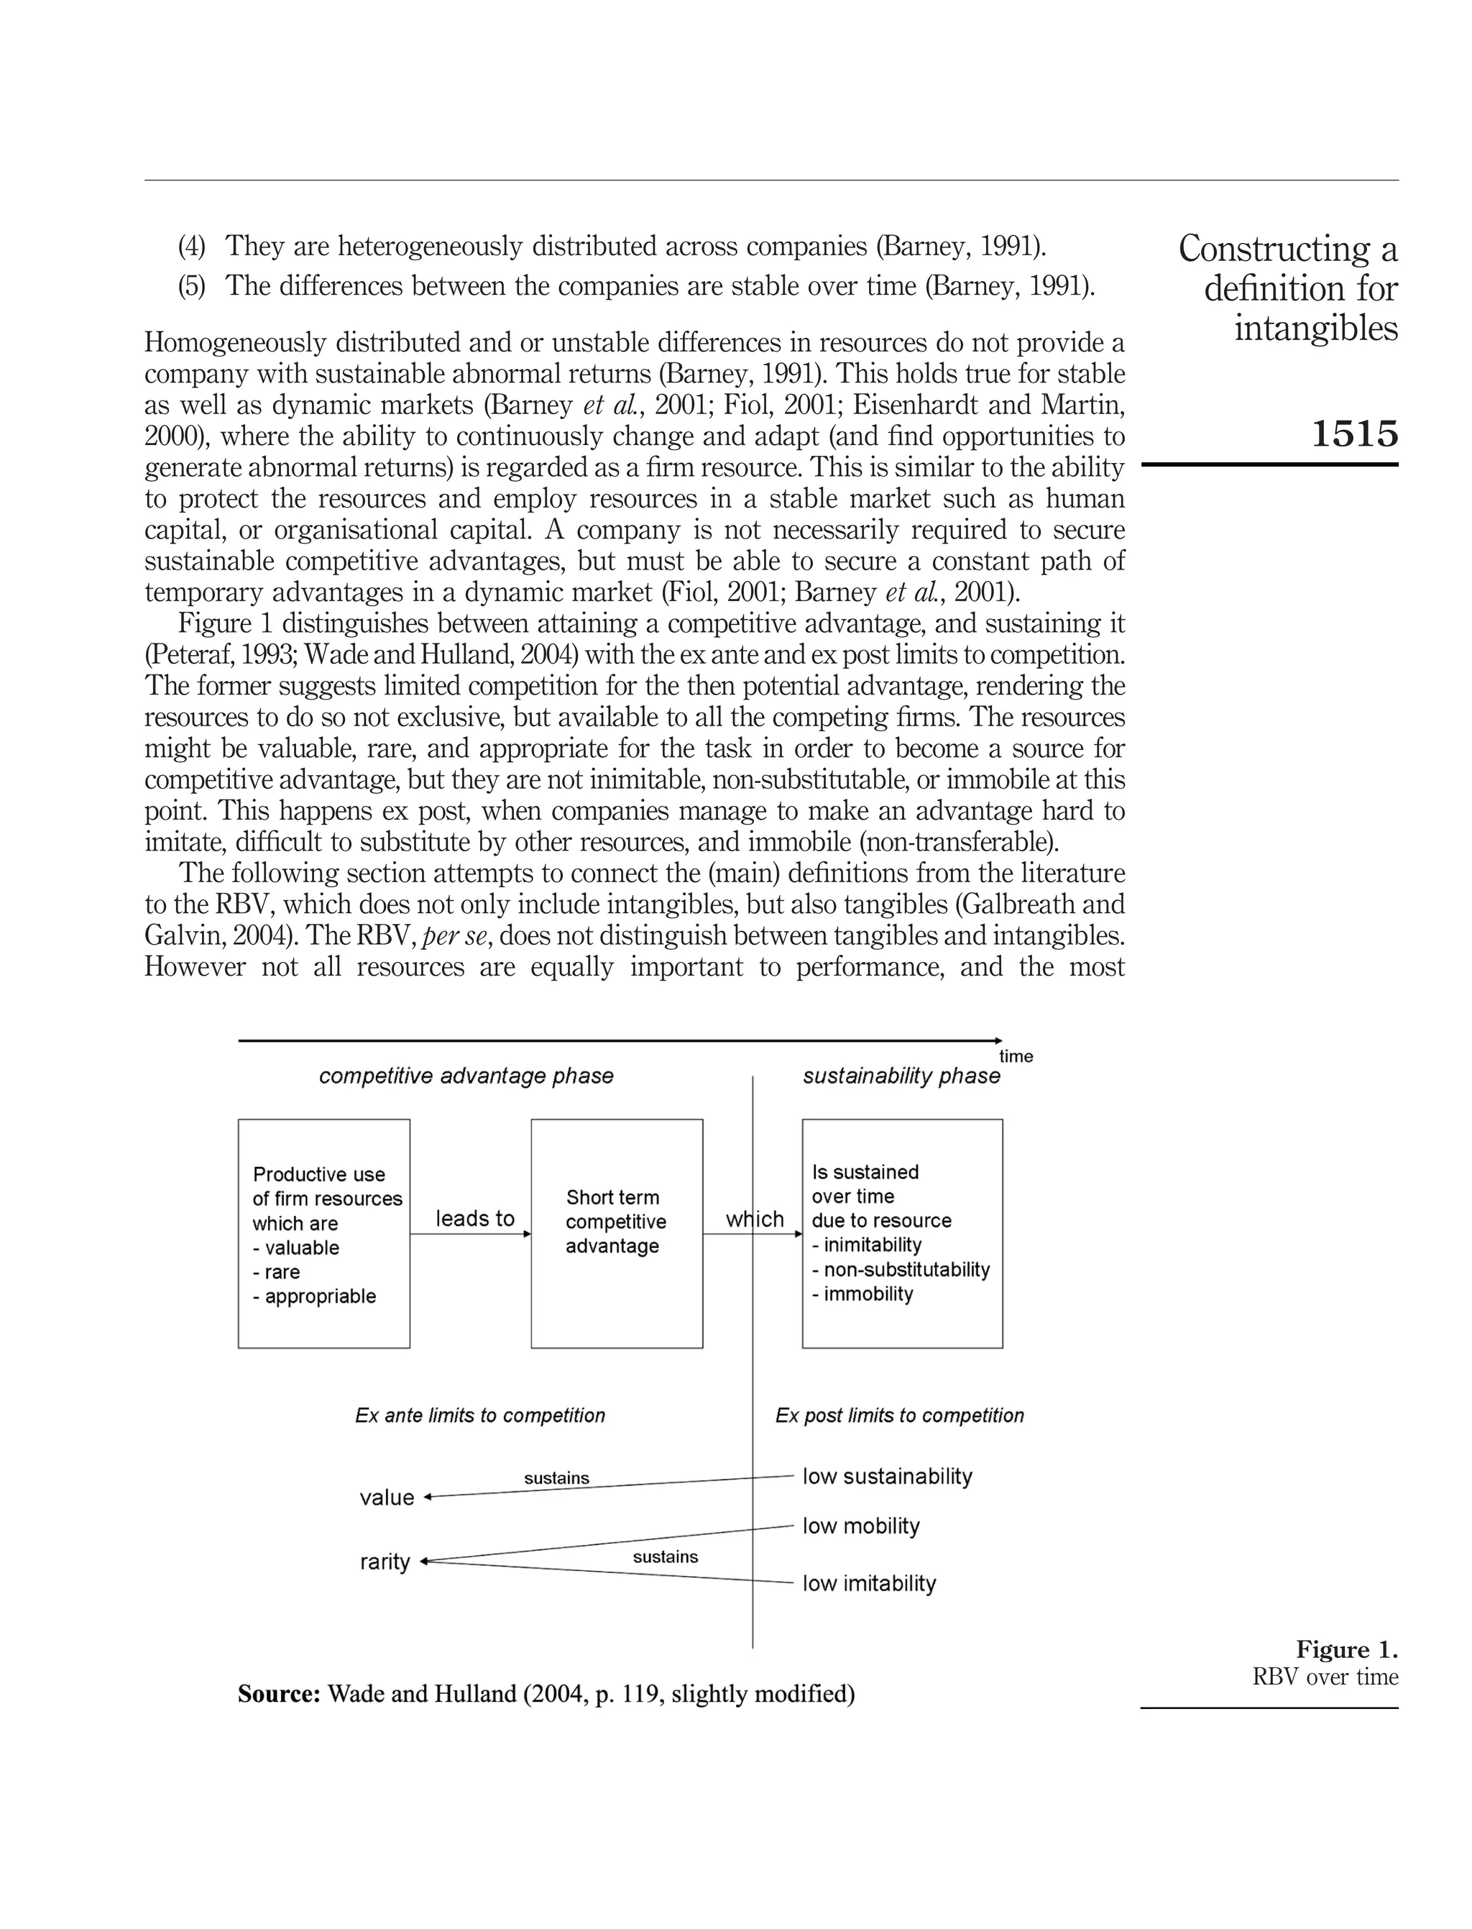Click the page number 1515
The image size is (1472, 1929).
point(1353,434)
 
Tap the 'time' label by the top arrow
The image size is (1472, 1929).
point(1016,1056)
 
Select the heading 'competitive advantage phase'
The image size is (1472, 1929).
point(466,1076)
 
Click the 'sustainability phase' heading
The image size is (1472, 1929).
point(901,1076)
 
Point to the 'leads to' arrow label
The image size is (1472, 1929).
point(475,1218)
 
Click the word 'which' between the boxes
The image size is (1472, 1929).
point(755,1219)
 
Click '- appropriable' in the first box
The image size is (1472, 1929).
point(315,1296)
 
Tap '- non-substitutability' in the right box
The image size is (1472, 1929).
point(901,1270)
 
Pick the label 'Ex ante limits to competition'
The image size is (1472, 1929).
point(480,1416)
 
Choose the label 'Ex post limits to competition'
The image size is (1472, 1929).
point(899,1416)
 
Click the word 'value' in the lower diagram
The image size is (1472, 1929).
point(387,1498)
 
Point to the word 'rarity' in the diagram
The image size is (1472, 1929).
point(385,1562)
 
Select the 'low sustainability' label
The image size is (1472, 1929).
point(887,1477)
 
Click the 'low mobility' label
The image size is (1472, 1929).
point(860,1526)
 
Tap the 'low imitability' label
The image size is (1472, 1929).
point(868,1584)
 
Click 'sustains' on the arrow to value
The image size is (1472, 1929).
point(556,1478)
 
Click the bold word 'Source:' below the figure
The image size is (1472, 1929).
point(279,1694)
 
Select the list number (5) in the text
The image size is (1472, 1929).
point(191,287)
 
